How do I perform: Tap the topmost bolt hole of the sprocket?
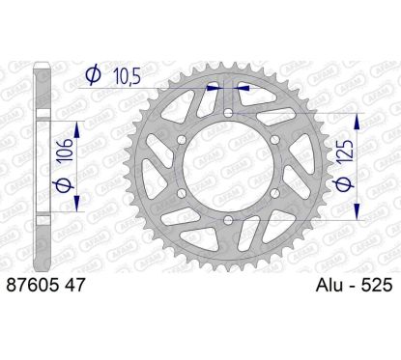[228, 114]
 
